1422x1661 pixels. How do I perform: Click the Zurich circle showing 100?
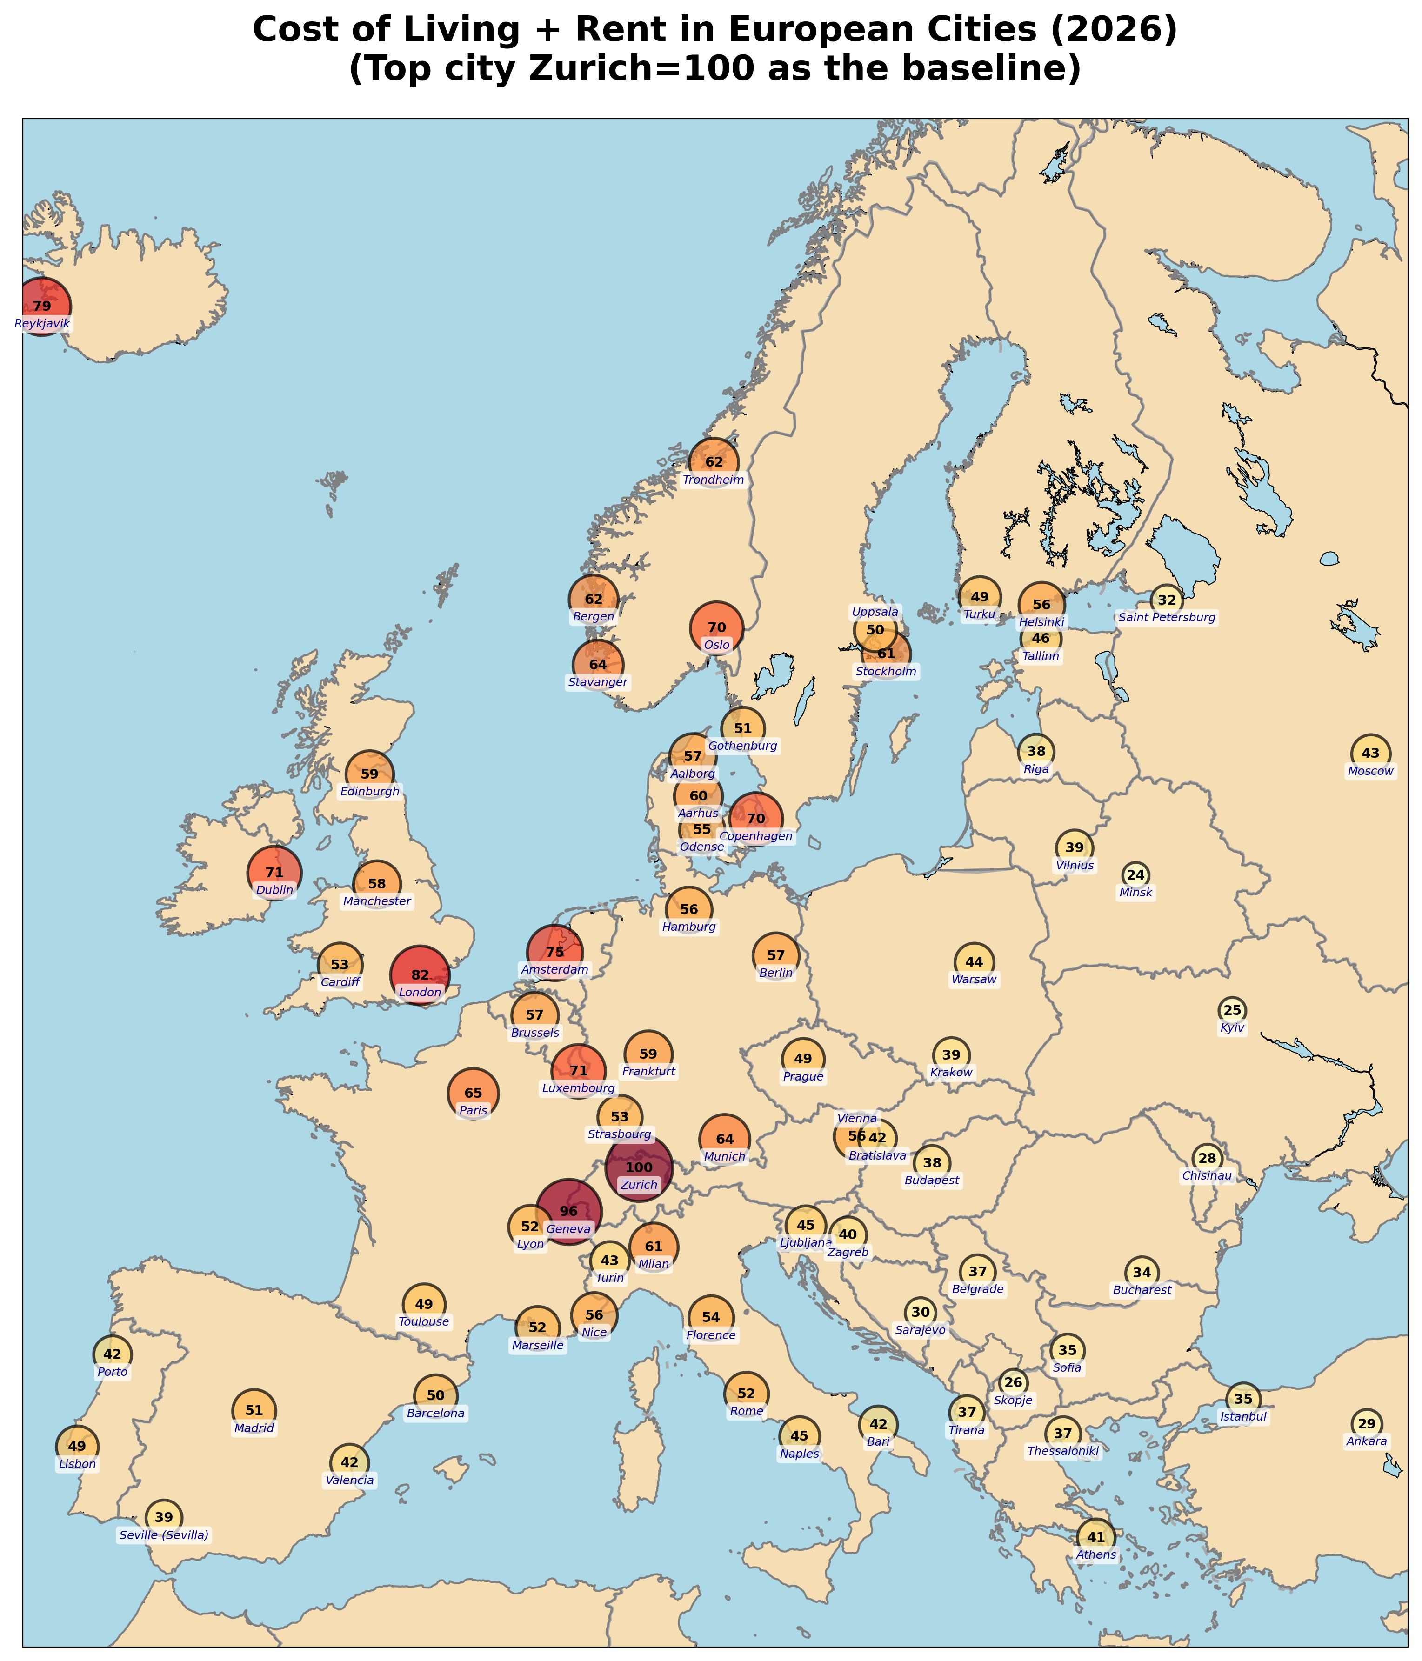(x=639, y=1167)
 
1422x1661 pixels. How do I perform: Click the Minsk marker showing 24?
(x=1135, y=874)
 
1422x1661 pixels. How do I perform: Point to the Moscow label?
(x=1371, y=771)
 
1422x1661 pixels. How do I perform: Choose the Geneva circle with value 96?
(x=568, y=1210)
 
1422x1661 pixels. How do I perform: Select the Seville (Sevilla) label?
(x=164, y=1535)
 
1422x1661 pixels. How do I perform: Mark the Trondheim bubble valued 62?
(x=714, y=462)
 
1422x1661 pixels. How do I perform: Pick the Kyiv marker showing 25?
(x=1232, y=1010)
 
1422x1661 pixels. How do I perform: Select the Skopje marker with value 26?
(x=1013, y=1382)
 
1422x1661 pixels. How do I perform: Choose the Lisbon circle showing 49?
(x=77, y=1446)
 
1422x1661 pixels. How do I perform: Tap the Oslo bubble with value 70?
(x=717, y=627)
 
